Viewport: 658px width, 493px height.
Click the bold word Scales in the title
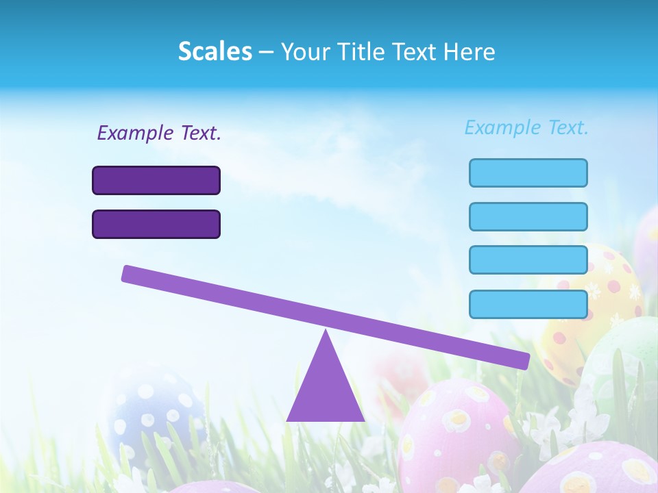pos(215,51)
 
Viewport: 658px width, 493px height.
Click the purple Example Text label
pos(159,133)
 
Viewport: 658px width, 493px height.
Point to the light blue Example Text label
pos(526,127)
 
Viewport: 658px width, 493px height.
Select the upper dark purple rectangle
pos(156,180)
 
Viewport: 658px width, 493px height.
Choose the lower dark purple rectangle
pos(156,224)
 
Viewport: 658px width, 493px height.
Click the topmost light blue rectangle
pos(528,173)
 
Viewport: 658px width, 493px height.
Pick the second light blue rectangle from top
pos(528,216)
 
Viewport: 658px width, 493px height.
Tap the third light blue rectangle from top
pos(528,260)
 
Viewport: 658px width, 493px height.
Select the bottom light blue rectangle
pos(528,304)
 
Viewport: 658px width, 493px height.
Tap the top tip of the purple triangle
pos(326,333)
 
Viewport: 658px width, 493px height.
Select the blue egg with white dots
pos(154,411)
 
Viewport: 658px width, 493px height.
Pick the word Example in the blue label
pos(503,127)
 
